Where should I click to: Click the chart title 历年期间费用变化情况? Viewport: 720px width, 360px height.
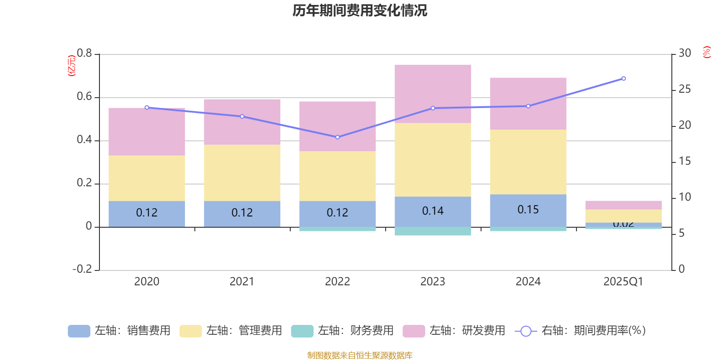click(360, 10)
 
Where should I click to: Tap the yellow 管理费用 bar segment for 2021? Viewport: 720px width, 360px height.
click(242, 173)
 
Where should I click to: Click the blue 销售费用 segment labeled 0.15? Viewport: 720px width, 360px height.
click(528, 210)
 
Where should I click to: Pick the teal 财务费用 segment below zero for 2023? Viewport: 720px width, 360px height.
click(433, 231)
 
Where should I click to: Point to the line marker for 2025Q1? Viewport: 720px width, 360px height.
click(623, 79)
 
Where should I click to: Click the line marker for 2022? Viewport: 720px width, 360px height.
click(337, 137)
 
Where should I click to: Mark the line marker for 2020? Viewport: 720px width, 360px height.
click(147, 108)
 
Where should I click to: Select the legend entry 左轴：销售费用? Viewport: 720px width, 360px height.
click(119, 331)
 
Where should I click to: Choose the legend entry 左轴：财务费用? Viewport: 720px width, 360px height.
click(342, 331)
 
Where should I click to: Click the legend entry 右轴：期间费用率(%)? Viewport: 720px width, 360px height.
click(580, 331)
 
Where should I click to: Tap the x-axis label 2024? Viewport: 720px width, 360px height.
click(528, 282)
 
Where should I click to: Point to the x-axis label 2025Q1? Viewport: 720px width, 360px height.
click(623, 282)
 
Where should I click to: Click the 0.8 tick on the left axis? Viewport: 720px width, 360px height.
click(84, 54)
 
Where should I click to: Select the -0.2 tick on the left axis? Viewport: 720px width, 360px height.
click(82, 269)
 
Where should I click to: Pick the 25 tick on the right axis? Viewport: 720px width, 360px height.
click(684, 90)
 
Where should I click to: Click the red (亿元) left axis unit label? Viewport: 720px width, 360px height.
click(71, 66)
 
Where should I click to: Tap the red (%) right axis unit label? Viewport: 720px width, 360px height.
click(707, 52)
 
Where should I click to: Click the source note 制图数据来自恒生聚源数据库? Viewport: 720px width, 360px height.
click(360, 355)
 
